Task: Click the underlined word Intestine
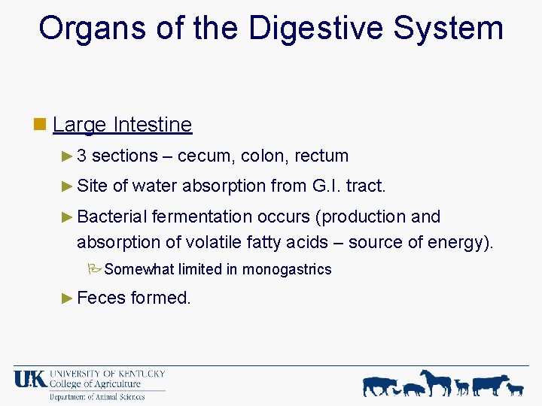click(x=153, y=124)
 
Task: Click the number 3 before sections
click(x=81, y=156)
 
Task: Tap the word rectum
click(x=321, y=156)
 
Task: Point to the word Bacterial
click(x=111, y=217)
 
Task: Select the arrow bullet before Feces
click(x=67, y=298)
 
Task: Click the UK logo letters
click(x=30, y=378)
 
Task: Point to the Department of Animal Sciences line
click(x=96, y=397)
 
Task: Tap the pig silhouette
click(x=414, y=388)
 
